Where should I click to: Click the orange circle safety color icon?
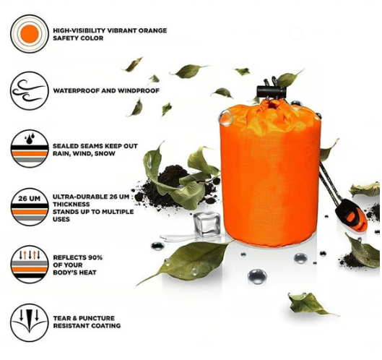tap(29, 34)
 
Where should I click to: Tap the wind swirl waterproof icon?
tap(29, 92)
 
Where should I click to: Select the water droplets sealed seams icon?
tap(29, 150)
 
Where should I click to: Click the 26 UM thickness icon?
tap(29, 207)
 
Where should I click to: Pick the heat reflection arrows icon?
tap(29, 263)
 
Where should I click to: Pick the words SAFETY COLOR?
tap(77, 38)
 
